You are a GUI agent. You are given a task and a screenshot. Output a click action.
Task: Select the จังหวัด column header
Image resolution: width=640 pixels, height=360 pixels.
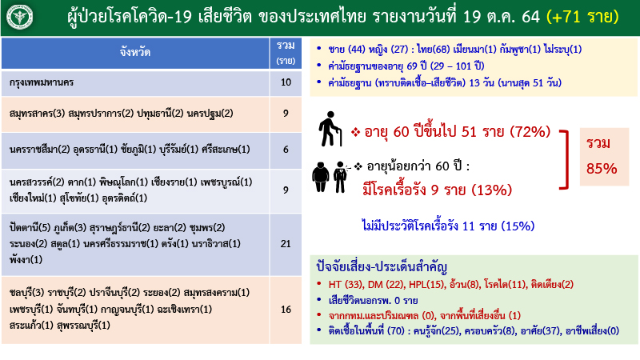coord(132,52)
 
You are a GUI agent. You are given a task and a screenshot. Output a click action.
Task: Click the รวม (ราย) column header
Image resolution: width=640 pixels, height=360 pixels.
coord(286,52)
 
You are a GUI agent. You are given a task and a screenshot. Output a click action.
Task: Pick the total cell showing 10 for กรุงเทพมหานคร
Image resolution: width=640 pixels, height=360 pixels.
coord(286,82)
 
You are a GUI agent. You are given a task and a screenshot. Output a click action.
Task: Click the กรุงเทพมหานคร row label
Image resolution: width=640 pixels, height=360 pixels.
coord(40,82)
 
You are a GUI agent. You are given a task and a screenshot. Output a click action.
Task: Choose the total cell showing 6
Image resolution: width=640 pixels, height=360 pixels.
coord(286,150)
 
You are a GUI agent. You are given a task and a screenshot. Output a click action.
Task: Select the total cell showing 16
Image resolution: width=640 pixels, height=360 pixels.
coord(286,309)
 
